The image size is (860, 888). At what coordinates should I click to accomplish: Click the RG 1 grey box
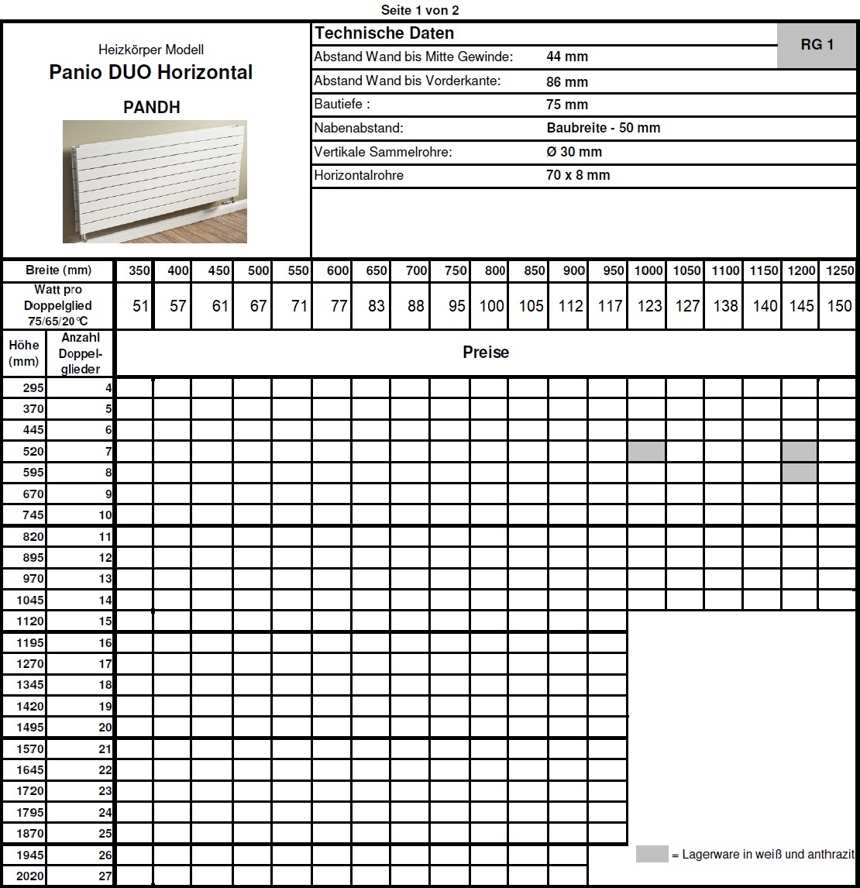click(x=817, y=45)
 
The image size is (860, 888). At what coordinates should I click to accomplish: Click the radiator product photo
click(x=155, y=181)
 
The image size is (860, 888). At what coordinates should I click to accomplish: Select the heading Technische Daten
click(x=384, y=33)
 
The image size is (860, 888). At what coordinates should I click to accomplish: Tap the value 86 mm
click(x=567, y=81)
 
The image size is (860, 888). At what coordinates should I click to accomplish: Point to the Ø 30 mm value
click(x=573, y=152)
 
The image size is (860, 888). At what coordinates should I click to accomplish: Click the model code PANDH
click(x=152, y=108)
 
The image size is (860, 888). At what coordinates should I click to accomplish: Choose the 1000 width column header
click(x=648, y=270)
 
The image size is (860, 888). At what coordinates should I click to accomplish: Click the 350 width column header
click(x=139, y=270)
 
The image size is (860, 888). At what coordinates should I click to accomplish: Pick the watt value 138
click(x=725, y=306)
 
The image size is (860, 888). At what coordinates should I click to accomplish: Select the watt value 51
click(x=140, y=306)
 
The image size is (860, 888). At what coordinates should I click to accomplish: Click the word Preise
click(x=486, y=353)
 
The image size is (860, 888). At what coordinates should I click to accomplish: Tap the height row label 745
click(x=34, y=515)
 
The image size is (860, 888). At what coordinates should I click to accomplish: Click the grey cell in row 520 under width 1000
click(x=647, y=451)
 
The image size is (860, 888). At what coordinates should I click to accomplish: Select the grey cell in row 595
click(x=800, y=473)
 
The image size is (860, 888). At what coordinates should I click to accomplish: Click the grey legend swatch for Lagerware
click(x=652, y=854)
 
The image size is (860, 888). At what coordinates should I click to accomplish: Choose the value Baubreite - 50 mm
click(x=603, y=128)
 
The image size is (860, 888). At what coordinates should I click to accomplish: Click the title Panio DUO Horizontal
click(x=151, y=72)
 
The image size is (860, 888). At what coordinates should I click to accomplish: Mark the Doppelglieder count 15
click(x=105, y=621)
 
